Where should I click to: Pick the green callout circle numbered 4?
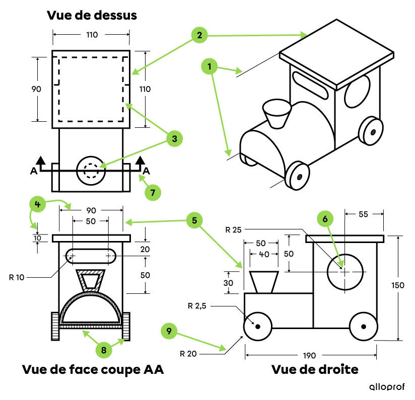[x=37, y=204]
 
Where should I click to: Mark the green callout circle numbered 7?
[x=152, y=192]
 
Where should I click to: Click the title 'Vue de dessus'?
[x=92, y=15]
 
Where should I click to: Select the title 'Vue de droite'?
[x=315, y=369]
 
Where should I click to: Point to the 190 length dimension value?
[x=310, y=355]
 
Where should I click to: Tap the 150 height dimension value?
[x=398, y=286]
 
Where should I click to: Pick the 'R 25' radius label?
[x=233, y=230]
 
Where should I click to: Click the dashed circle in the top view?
[x=91, y=171]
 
